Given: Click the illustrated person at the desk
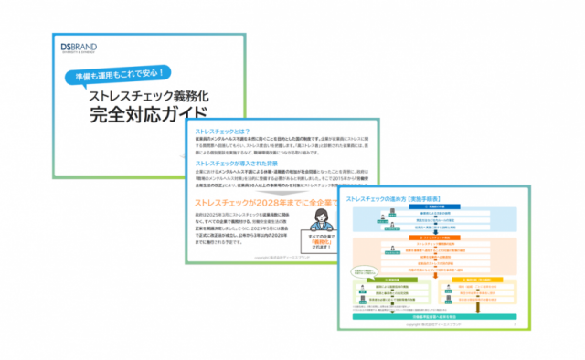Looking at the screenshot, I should (x=322, y=218).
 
